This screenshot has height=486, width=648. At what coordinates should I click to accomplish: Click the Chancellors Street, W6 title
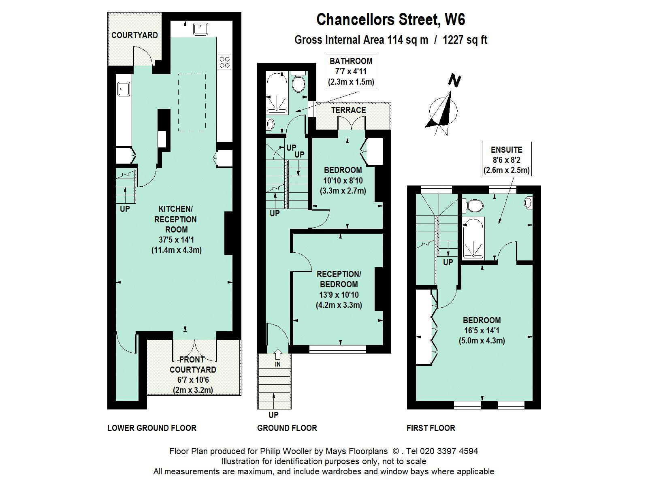(x=390, y=19)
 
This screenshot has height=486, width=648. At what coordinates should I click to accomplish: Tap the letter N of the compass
(x=454, y=81)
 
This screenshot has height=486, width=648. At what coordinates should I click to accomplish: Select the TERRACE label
(x=348, y=110)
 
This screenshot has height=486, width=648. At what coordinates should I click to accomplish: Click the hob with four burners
(x=225, y=62)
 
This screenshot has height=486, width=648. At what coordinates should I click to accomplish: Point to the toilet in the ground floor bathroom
(x=298, y=82)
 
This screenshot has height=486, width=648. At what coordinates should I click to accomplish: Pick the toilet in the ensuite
(x=473, y=205)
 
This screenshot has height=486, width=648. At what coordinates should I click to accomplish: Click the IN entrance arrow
(x=277, y=354)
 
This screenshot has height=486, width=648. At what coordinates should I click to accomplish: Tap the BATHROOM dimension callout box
(x=351, y=72)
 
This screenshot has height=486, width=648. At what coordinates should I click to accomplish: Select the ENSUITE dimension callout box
(x=507, y=159)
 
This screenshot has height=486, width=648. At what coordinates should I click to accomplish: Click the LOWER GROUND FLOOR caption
(x=152, y=428)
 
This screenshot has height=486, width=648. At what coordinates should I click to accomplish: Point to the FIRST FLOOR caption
(x=431, y=428)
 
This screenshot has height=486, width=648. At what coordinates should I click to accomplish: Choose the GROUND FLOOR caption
(x=287, y=428)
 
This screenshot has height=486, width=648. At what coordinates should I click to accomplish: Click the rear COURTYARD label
(x=134, y=35)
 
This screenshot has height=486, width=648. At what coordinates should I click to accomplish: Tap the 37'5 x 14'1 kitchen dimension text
(x=176, y=240)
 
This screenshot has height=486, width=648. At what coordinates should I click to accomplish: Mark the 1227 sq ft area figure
(x=465, y=40)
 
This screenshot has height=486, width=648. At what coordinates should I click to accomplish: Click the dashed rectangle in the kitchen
(x=192, y=102)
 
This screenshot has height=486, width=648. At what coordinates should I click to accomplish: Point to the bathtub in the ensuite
(x=473, y=239)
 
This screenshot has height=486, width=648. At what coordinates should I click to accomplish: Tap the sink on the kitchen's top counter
(x=201, y=29)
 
